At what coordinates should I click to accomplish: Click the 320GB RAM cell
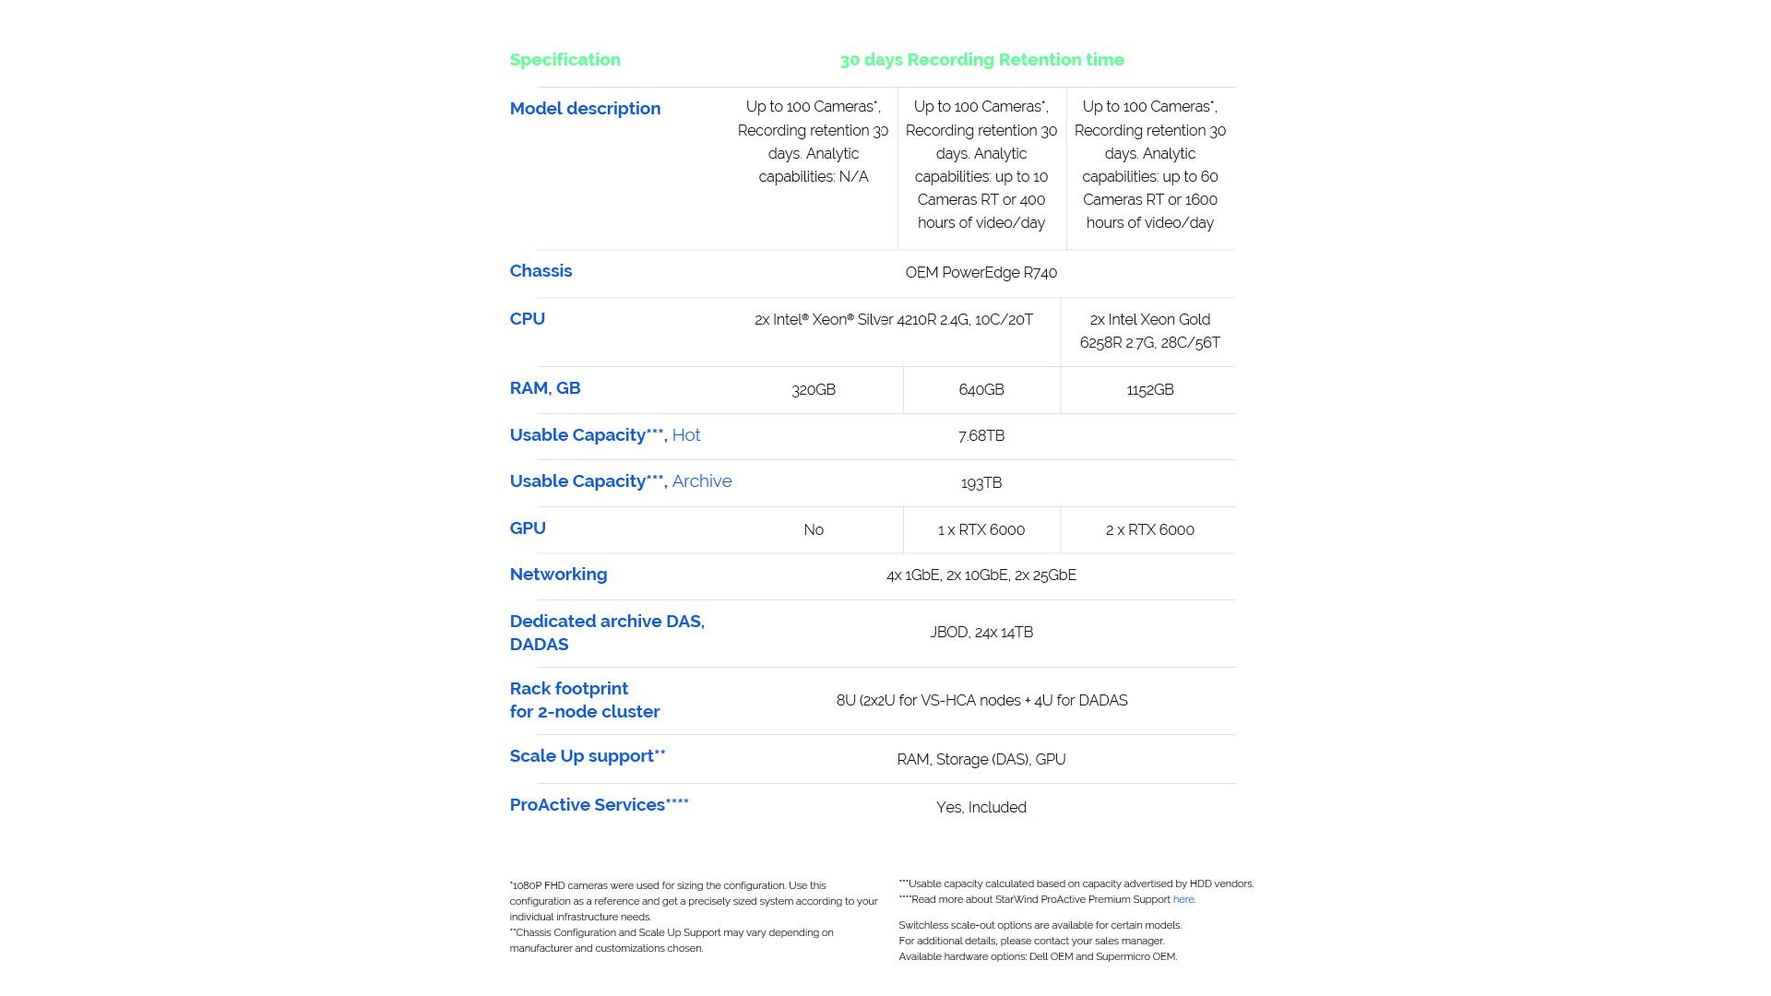[813, 390]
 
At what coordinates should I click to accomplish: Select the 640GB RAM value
[981, 390]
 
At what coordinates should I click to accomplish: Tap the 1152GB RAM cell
[1149, 390]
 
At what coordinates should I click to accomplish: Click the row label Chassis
[541, 271]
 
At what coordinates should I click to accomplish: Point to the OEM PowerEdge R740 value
[981, 273]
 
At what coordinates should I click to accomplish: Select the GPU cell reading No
[813, 530]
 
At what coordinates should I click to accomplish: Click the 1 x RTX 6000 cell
[981, 530]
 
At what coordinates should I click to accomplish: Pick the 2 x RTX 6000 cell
[1149, 530]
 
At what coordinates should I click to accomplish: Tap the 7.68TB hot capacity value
[981, 436]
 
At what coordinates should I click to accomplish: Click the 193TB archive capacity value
[981, 483]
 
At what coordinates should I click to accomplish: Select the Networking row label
[558, 575]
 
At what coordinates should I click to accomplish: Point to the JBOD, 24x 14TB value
[981, 633]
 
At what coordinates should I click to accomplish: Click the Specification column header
[565, 60]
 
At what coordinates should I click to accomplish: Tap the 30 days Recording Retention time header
[981, 60]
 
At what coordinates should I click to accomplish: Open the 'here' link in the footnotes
[1183, 900]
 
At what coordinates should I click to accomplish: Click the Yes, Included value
[981, 808]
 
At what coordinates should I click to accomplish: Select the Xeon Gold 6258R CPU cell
[1149, 331]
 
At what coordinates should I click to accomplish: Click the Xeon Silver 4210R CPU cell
[893, 320]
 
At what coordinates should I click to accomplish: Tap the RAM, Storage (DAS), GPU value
[981, 760]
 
